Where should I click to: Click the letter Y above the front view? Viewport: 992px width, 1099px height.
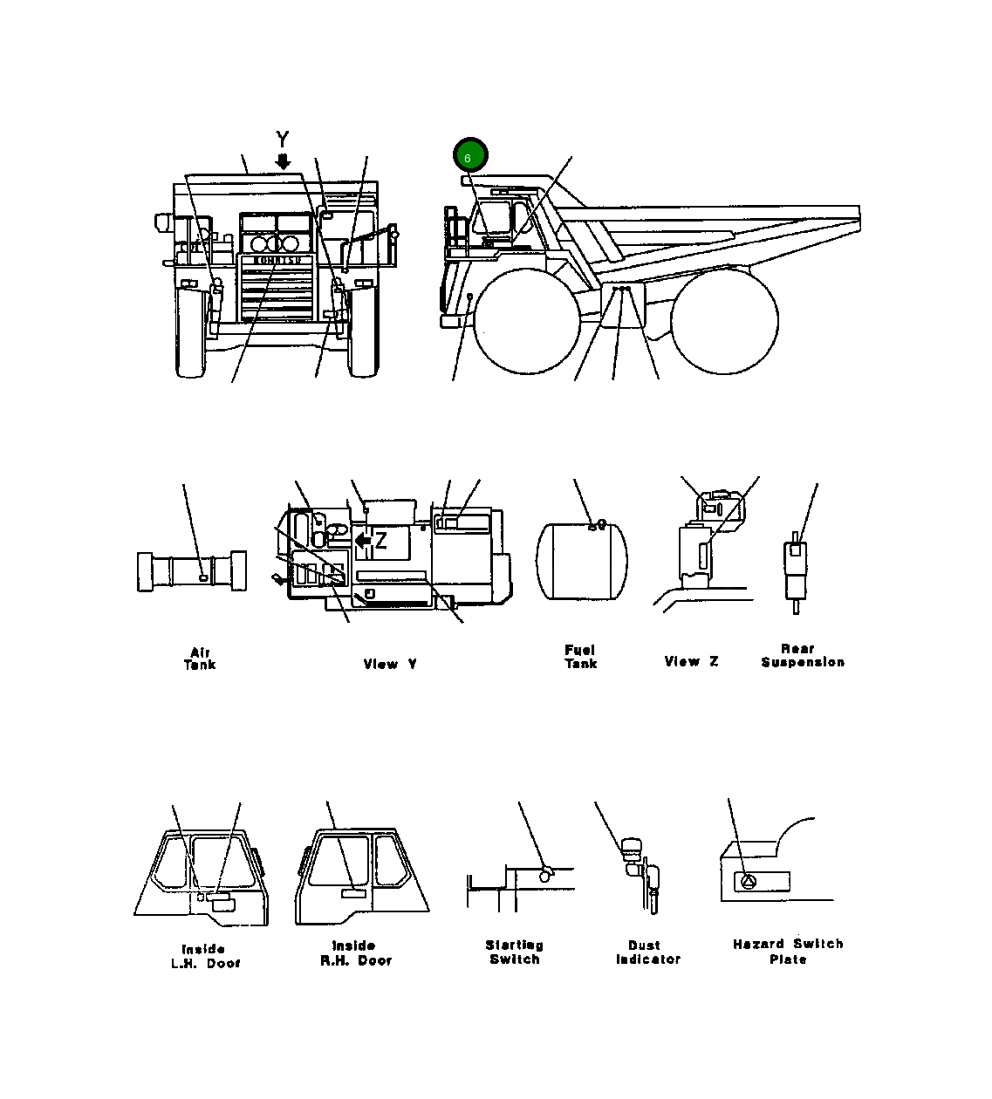[x=282, y=139]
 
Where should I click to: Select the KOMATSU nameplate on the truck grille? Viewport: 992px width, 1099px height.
[x=277, y=260]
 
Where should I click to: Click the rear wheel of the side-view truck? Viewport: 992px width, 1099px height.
[x=724, y=322]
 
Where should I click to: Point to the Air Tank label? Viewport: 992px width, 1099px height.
[x=200, y=659]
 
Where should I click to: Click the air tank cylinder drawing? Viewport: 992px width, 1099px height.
[x=192, y=571]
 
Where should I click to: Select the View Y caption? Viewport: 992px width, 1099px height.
[x=390, y=664]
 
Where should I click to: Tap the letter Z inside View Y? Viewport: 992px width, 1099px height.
[x=381, y=542]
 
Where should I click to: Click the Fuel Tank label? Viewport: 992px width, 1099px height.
[x=580, y=657]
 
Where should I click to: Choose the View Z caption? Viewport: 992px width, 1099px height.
[x=691, y=661]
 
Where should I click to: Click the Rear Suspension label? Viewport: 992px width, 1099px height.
[x=802, y=655]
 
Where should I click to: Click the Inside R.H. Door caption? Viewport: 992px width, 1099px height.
[x=355, y=953]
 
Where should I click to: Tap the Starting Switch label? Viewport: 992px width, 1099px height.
[x=515, y=952]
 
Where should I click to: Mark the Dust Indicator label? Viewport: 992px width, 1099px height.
[x=647, y=952]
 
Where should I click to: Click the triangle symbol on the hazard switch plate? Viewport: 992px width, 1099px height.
[x=748, y=882]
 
